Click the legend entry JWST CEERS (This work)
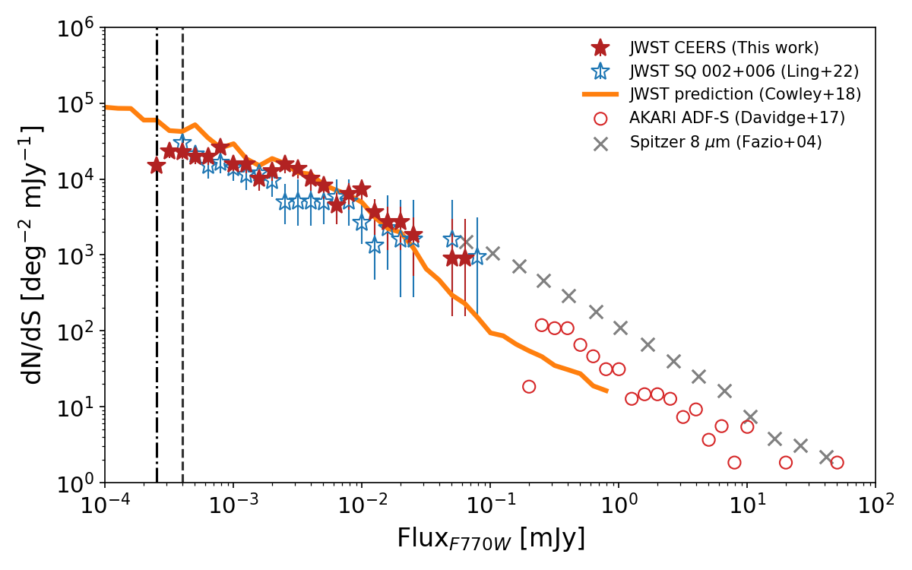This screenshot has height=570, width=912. (724, 48)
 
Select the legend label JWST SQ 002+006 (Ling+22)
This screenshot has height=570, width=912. (733, 71)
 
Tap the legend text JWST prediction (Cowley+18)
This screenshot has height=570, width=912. (745, 95)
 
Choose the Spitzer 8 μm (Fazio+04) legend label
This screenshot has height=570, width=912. (726, 142)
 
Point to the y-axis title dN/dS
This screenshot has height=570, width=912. (33, 255)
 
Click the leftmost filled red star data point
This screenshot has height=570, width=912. (157, 166)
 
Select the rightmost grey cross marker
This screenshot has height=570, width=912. (827, 457)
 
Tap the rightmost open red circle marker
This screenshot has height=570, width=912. (837, 463)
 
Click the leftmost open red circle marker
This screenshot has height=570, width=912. (529, 387)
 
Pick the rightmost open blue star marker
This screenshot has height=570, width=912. (477, 257)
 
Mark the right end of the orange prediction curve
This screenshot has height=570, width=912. (606, 391)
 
